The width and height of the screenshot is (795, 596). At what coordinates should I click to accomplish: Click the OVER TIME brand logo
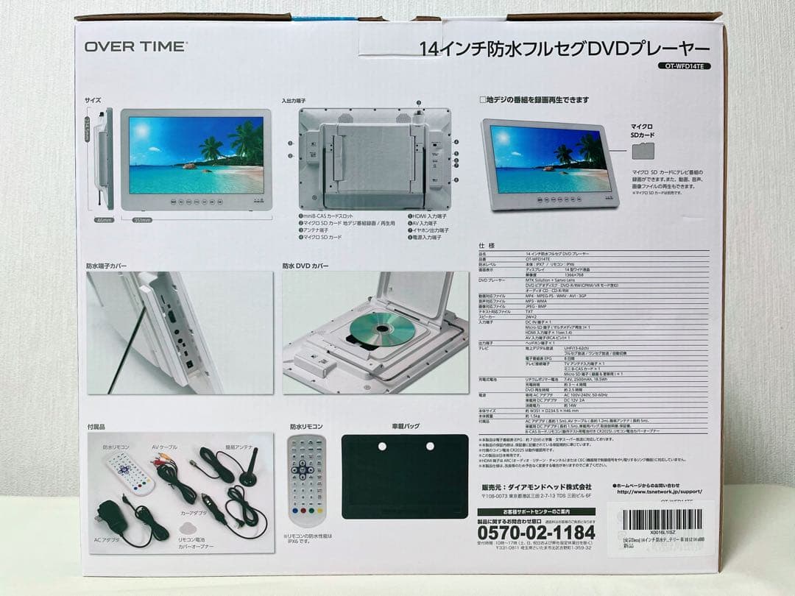[x=135, y=46]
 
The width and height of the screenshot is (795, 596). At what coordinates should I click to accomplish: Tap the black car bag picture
[x=404, y=476]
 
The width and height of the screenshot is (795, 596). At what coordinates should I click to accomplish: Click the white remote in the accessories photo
[x=130, y=472]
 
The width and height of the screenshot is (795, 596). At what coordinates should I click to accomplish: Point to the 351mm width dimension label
[x=142, y=220]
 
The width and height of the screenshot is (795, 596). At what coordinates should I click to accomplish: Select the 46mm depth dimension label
[x=103, y=220]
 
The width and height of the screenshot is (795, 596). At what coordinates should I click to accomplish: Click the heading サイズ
[x=93, y=100]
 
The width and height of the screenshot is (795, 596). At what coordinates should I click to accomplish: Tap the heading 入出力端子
[x=293, y=100]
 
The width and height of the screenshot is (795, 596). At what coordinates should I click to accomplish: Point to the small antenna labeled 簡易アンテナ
[x=246, y=471]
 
